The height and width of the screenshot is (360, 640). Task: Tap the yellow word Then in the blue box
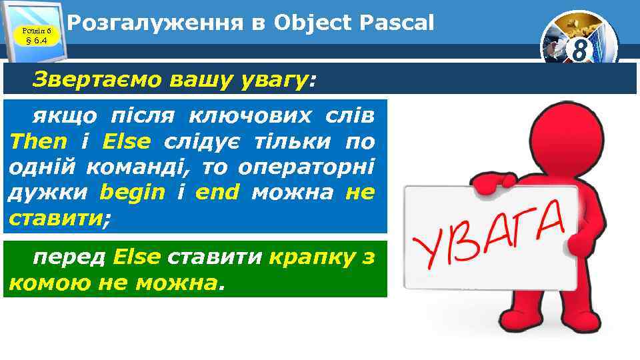(39, 141)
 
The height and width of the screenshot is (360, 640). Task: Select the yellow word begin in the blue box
(132, 193)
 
